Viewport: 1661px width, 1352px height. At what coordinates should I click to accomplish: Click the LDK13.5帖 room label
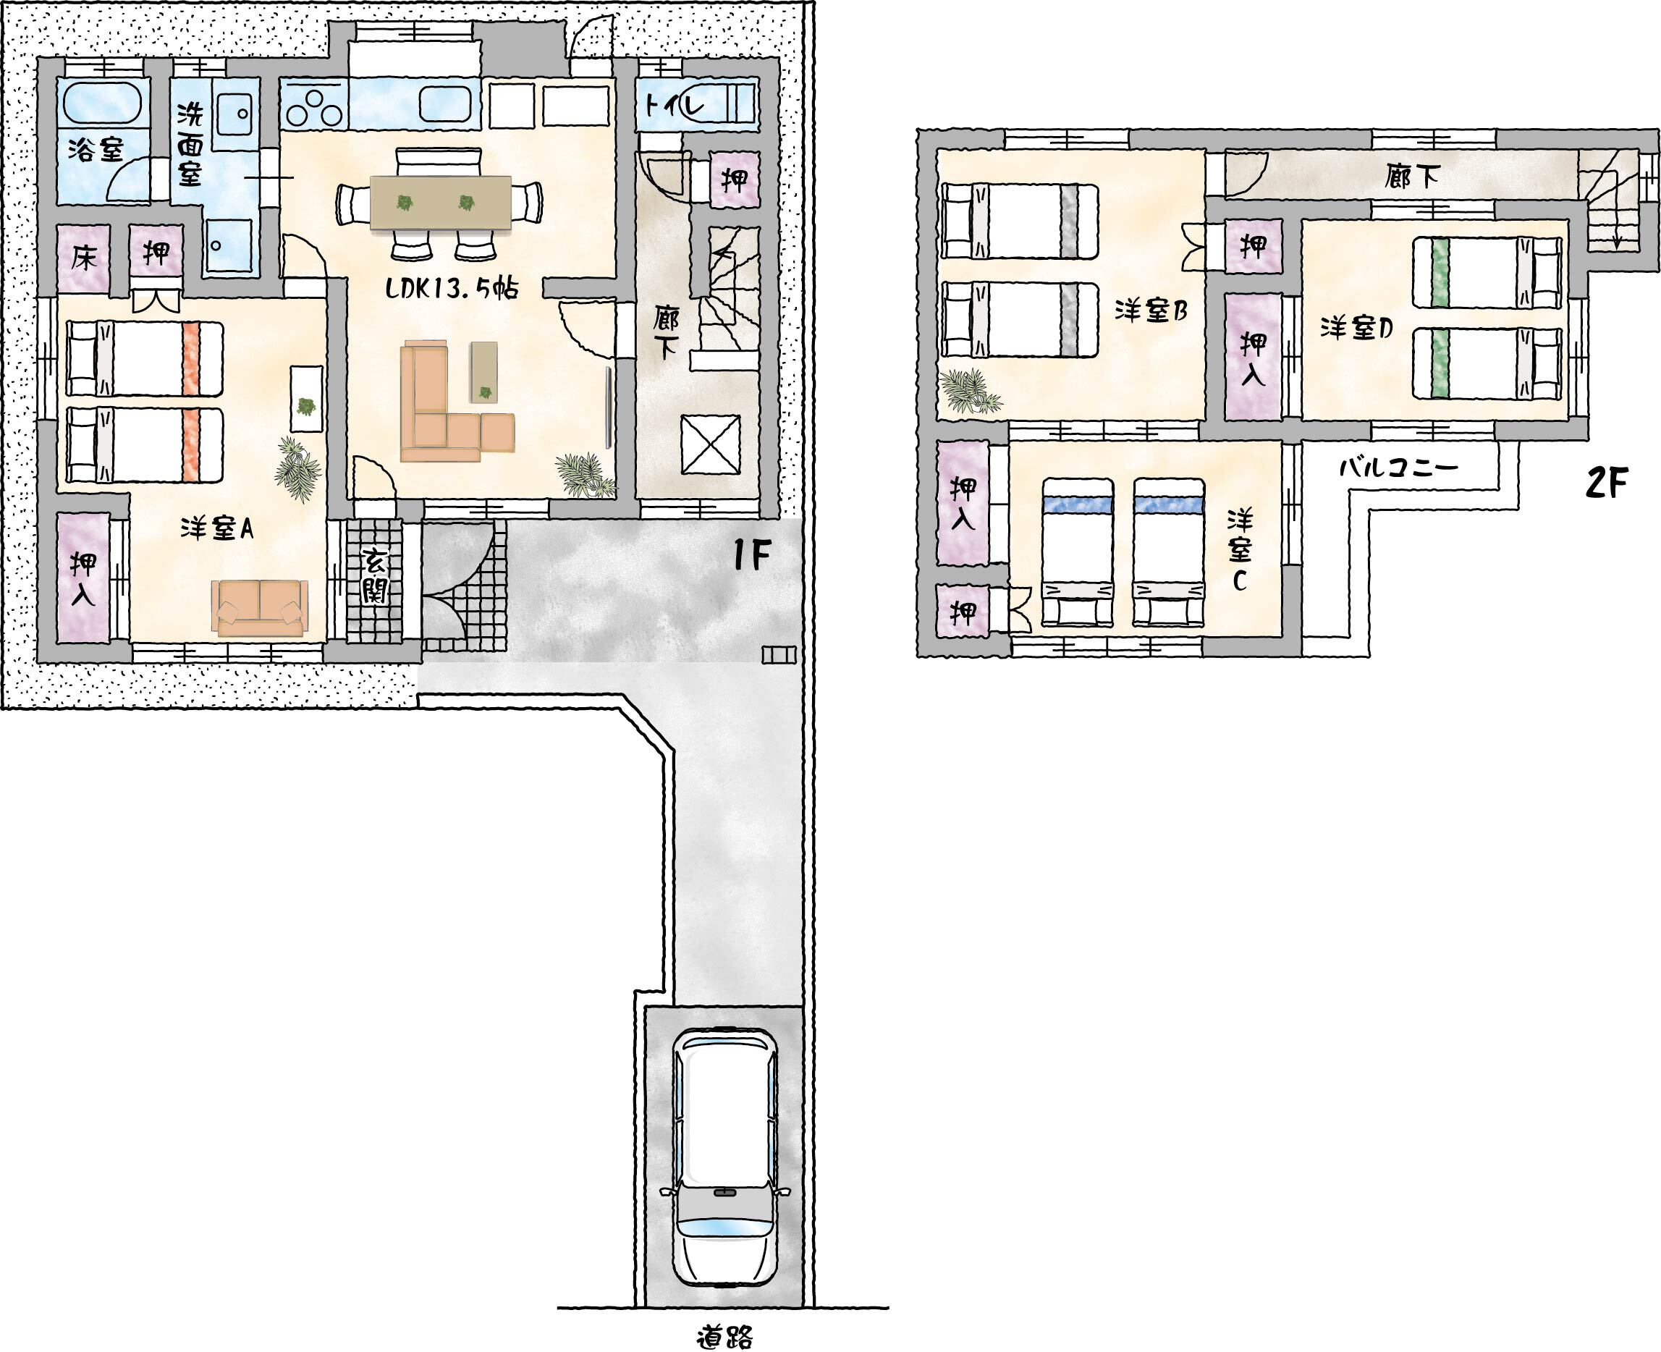pyautogui.click(x=452, y=288)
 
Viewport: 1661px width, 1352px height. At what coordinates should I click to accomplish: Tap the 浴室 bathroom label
pyautogui.click(x=96, y=149)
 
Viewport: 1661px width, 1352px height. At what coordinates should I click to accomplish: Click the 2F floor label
pyautogui.click(x=1606, y=483)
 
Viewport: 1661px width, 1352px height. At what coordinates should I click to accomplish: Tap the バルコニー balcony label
pyautogui.click(x=1398, y=468)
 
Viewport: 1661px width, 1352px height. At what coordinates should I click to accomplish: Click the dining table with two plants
pyautogui.click(x=441, y=203)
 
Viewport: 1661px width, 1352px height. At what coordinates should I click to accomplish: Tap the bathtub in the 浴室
pyautogui.click(x=102, y=103)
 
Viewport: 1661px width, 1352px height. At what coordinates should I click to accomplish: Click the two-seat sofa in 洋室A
pyautogui.click(x=260, y=607)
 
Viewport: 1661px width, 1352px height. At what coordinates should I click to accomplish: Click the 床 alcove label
pyautogui.click(x=84, y=257)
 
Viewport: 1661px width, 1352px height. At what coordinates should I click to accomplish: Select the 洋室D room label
pyautogui.click(x=1356, y=329)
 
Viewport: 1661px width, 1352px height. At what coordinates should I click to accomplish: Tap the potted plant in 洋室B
pyautogui.click(x=968, y=392)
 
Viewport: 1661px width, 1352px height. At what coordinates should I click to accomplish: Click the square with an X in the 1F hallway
pyautogui.click(x=710, y=444)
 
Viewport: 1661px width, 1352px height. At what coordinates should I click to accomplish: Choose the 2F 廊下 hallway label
pyautogui.click(x=1412, y=177)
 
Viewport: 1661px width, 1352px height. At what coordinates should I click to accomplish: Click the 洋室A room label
pyautogui.click(x=216, y=529)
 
